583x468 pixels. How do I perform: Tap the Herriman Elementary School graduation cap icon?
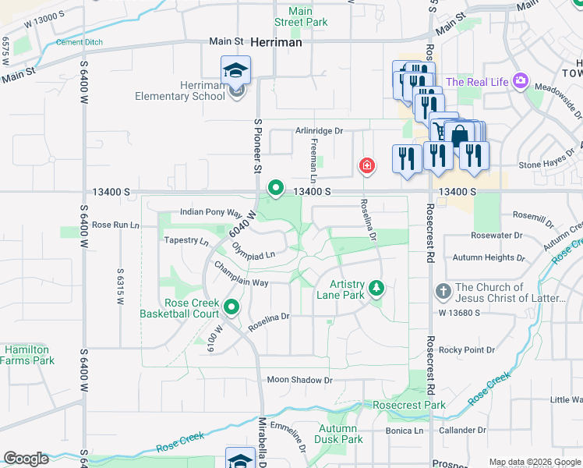tap(235, 70)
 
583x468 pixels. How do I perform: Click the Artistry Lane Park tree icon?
tap(376, 289)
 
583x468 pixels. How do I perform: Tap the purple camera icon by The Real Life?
tap(521, 81)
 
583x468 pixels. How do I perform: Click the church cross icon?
tap(442, 292)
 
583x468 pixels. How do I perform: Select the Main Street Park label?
tap(300, 17)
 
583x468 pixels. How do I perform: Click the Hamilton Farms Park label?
tap(27, 355)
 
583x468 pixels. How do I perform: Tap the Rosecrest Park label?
tap(409, 405)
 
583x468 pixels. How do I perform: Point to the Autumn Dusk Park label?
tap(340, 434)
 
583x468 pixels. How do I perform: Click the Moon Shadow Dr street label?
tap(299, 380)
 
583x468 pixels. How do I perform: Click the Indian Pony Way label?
tap(210, 211)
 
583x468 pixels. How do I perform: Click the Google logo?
tap(26, 459)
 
